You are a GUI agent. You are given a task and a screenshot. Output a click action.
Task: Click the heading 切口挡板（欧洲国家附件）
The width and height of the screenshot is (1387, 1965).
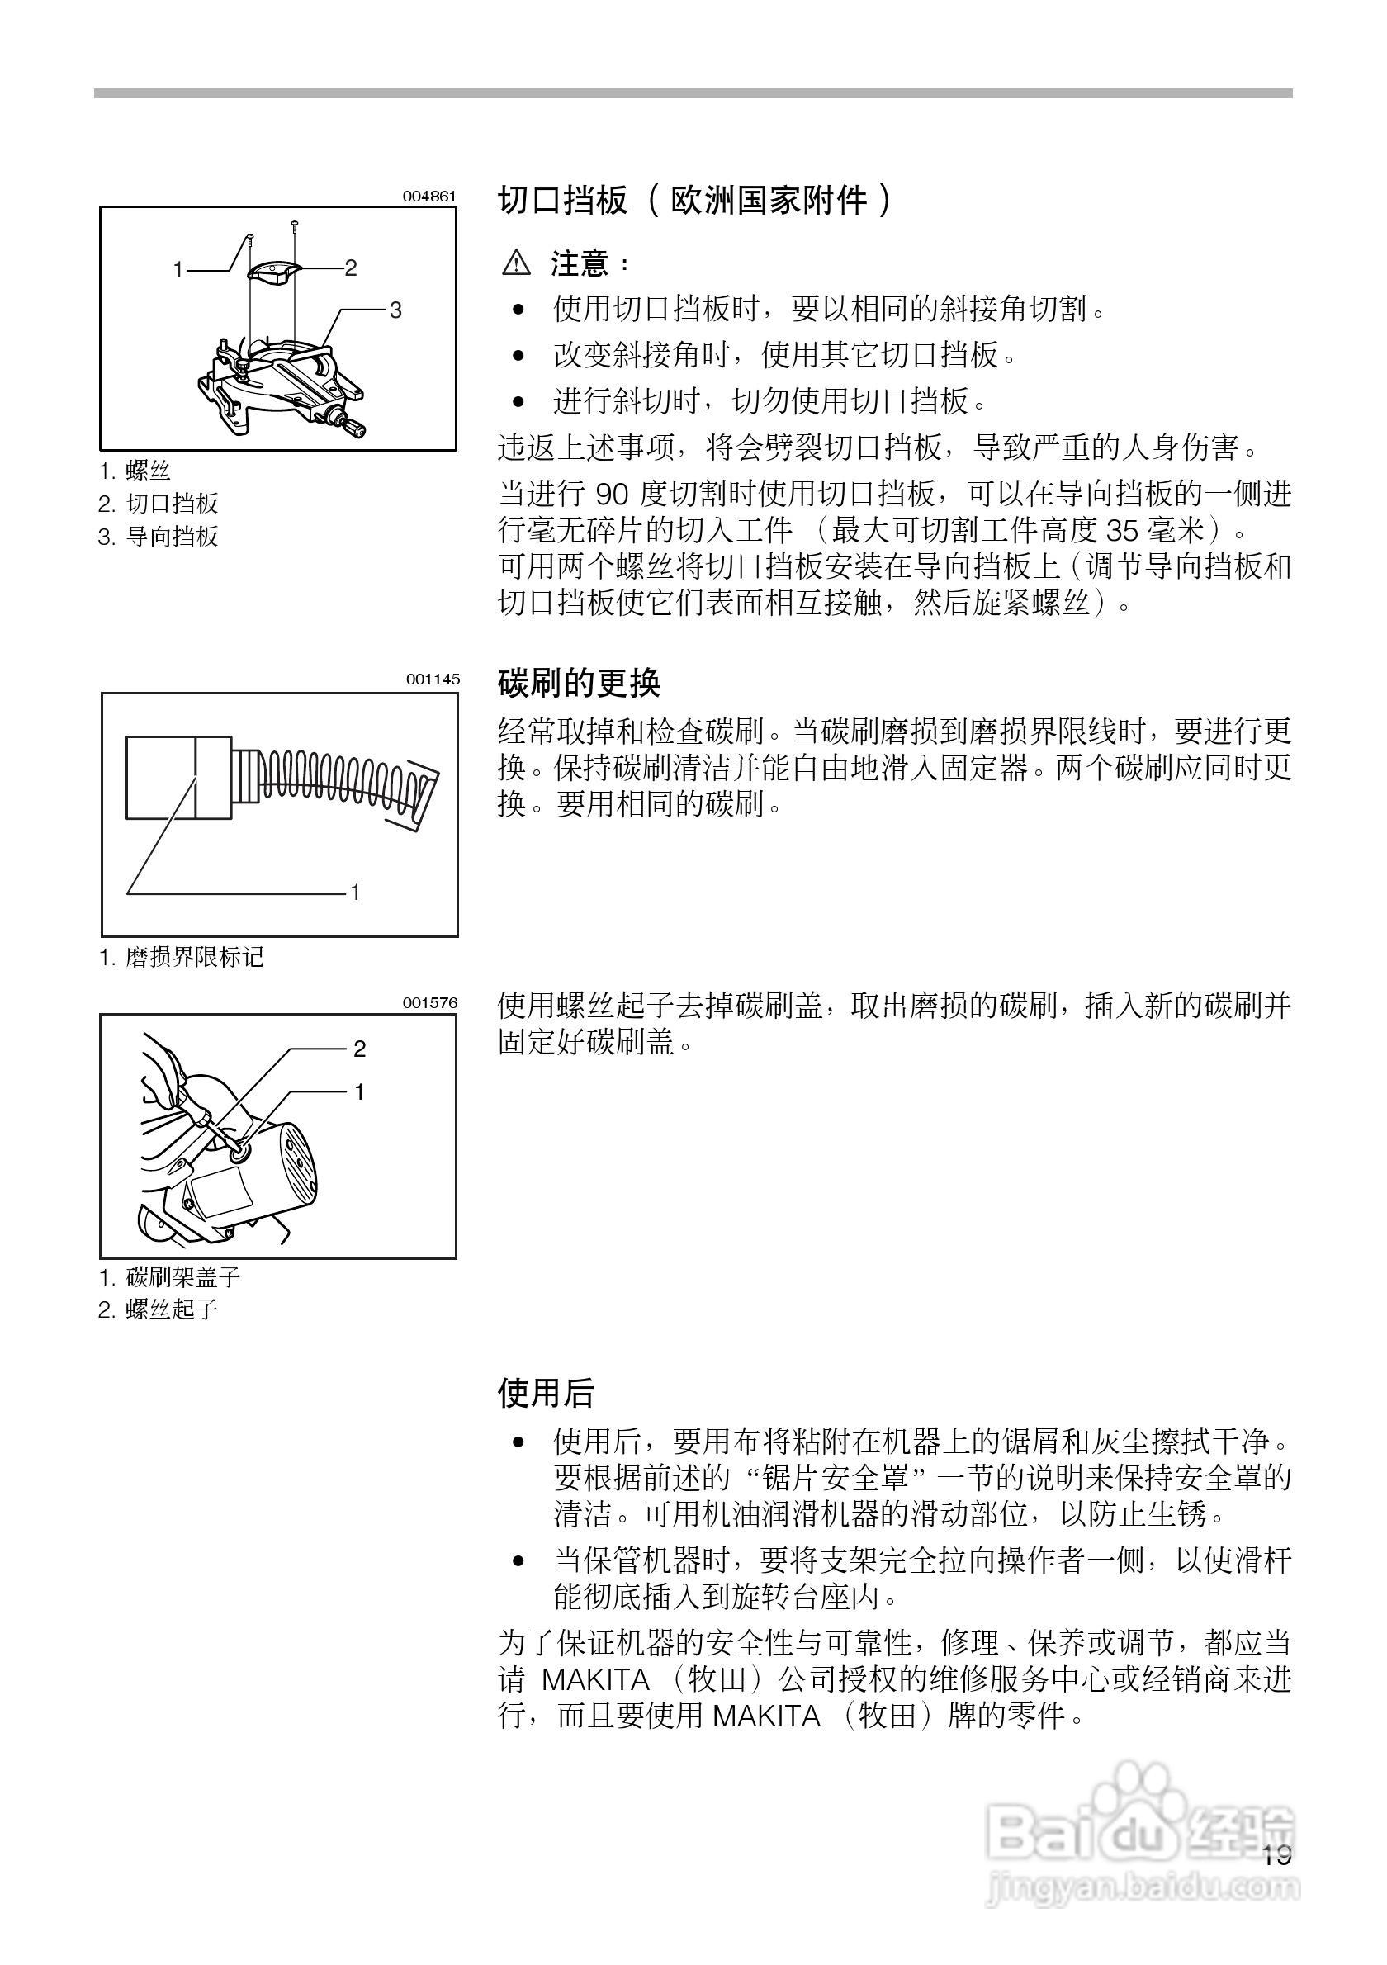pyautogui.click(x=695, y=201)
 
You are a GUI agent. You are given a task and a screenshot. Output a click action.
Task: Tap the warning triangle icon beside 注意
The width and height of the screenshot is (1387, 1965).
pyautogui.click(x=516, y=263)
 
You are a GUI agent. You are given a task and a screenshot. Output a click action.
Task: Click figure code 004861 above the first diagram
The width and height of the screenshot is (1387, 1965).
pyautogui.click(x=428, y=196)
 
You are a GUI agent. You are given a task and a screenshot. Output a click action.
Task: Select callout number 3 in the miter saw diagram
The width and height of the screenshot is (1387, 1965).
pyautogui.click(x=395, y=310)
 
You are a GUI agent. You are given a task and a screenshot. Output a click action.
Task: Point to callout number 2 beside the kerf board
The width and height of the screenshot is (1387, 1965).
pyautogui.click(x=351, y=268)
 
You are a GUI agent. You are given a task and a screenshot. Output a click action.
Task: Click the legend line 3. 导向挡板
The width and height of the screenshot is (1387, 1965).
pyautogui.click(x=159, y=537)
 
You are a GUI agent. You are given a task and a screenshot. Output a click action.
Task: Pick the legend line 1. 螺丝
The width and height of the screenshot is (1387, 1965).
pyautogui.click(x=135, y=470)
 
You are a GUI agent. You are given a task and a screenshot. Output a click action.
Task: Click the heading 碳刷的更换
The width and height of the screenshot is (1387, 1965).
pyautogui.click(x=580, y=683)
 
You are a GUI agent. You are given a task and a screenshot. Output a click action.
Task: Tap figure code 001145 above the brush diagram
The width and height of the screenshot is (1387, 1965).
pyautogui.click(x=432, y=679)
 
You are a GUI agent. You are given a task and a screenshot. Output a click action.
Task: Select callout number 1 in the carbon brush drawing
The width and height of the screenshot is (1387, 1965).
pyautogui.click(x=355, y=892)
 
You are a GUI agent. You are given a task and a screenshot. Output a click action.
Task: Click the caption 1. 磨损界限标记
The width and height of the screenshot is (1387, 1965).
pyautogui.click(x=182, y=957)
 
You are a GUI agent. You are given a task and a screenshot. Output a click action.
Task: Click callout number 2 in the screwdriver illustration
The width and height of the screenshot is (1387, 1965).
pyautogui.click(x=359, y=1049)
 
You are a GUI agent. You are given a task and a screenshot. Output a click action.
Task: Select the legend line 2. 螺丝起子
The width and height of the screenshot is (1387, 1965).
pyautogui.click(x=159, y=1309)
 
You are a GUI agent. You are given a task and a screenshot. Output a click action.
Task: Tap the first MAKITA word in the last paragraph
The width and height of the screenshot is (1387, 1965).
pyautogui.click(x=595, y=1680)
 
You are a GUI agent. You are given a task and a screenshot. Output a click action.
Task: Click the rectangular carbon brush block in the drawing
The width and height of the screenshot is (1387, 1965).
pyautogui.click(x=179, y=777)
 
